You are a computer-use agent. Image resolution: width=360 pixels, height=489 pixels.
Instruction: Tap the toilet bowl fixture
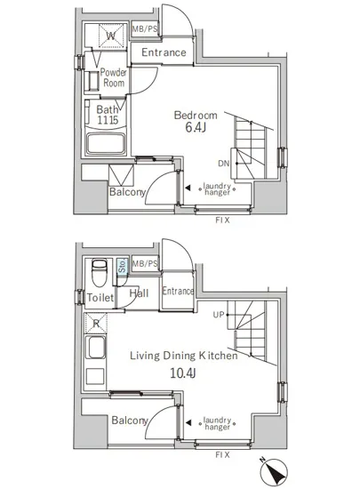coord(100,272)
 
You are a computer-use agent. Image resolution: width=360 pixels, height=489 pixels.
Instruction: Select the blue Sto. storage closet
coord(123,266)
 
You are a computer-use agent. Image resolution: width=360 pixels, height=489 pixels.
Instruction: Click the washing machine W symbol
coord(111,36)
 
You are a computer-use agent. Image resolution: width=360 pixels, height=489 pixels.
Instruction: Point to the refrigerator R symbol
coord(96,323)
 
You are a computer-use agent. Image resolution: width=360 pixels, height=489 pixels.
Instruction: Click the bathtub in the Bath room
coord(106,143)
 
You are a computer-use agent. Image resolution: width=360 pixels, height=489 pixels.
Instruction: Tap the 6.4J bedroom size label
coord(196,127)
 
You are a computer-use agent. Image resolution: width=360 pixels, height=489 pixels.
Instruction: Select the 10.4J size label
coord(182,373)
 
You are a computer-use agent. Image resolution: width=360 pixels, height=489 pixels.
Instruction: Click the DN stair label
coord(223,163)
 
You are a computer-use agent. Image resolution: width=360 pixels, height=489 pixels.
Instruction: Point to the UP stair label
coord(219,315)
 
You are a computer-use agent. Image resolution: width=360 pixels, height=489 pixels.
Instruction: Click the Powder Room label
coord(114,77)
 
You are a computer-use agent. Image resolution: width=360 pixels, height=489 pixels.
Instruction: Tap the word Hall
coord(139,293)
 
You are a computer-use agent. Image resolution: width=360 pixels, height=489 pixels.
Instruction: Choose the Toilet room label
coord(100,298)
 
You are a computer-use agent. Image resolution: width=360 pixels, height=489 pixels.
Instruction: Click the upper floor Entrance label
coord(164,52)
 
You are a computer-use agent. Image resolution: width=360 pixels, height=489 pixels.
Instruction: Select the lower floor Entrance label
coord(178,291)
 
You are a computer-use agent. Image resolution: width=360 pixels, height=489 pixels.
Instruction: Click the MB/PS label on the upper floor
coord(145,29)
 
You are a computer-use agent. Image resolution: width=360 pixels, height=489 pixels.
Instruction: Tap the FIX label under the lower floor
coord(222,454)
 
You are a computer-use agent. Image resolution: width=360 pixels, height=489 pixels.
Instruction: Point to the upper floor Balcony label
coord(127,192)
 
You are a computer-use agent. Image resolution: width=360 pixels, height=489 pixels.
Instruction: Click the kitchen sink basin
coord(95,348)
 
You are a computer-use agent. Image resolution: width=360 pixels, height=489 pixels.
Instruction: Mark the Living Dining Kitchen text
coord(184,356)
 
